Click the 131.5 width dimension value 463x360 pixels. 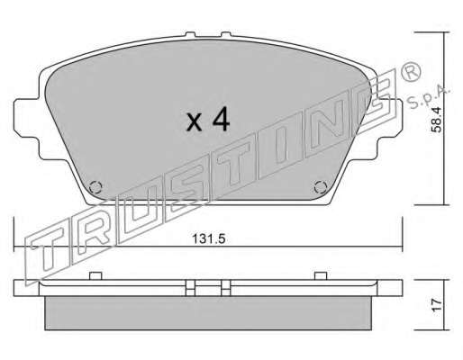tap(208, 238)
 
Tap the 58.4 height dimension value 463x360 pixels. tap(436, 120)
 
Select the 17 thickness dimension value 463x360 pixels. tap(437, 305)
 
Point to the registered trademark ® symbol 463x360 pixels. tap(411, 72)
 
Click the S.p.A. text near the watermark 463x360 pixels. tap(429, 97)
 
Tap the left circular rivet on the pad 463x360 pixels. tap(95, 187)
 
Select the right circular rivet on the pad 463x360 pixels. tap(321, 187)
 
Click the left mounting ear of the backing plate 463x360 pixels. tap(26, 118)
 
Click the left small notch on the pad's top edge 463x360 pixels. tap(190, 35)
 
